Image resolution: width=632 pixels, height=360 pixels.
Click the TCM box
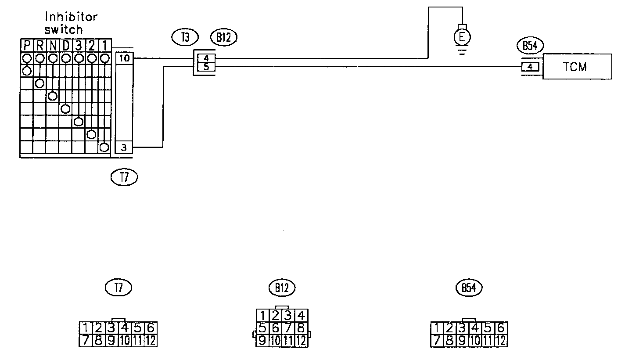[577, 67]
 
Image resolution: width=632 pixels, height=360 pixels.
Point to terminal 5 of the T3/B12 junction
[206, 67]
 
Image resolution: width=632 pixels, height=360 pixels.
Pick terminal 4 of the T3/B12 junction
[206, 58]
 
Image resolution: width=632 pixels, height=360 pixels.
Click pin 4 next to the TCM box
[530, 67]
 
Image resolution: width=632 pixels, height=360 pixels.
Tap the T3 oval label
[185, 38]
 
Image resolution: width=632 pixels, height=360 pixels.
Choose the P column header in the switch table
[26, 45]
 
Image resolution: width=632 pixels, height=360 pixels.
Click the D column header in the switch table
[65, 45]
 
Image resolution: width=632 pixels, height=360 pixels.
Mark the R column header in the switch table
[39, 45]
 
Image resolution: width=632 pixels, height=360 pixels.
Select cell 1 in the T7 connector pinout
[85, 328]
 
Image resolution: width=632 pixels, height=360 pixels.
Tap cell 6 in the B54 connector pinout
[502, 328]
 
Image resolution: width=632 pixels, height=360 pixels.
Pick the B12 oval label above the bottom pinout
[282, 288]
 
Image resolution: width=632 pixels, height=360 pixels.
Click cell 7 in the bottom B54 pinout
[437, 340]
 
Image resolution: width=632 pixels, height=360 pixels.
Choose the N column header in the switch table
[52, 45]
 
